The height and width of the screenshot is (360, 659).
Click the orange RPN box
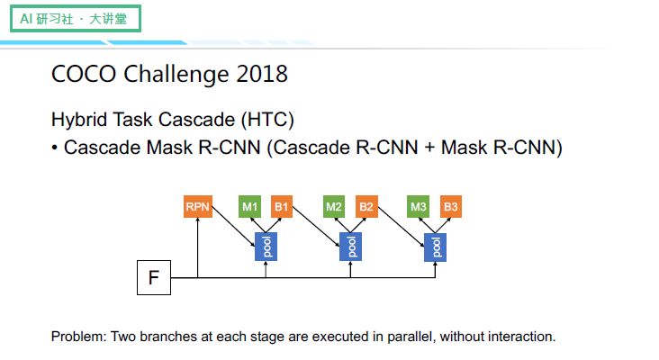coord(197,207)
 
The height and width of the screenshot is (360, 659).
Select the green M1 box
coord(249,207)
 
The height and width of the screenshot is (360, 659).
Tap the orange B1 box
coord(282,207)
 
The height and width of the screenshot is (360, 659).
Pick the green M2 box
coord(334,207)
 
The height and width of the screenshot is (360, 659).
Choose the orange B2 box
coord(366,207)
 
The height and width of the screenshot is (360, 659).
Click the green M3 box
coord(419,207)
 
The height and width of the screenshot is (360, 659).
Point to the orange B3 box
coord(451,207)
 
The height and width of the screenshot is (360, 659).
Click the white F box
coord(153,278)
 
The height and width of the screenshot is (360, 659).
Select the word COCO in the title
coord(78,74)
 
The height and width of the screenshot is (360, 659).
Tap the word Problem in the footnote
coord(78,337)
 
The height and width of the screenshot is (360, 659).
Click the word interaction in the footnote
coord(521,337)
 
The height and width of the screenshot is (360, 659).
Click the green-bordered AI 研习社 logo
coord(76,18)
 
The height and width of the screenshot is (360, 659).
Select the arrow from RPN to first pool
coord(232,228)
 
